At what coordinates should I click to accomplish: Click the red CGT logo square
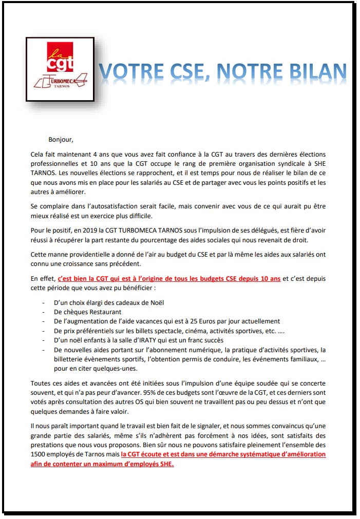point(60,57)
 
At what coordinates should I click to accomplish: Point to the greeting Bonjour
point(61,139)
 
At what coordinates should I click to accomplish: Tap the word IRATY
point(137,339)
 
